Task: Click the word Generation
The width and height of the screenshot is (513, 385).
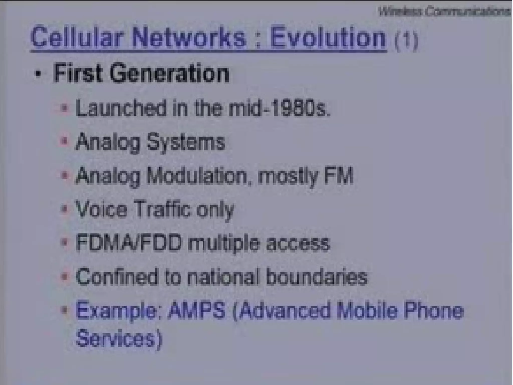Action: coord(169,74)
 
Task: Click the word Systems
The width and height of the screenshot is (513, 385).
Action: coord(186,142)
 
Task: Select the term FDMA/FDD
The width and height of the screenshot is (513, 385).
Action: coord(129,243)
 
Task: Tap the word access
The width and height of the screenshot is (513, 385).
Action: coord(298,244)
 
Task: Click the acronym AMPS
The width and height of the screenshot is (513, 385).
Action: coord(197,311)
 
